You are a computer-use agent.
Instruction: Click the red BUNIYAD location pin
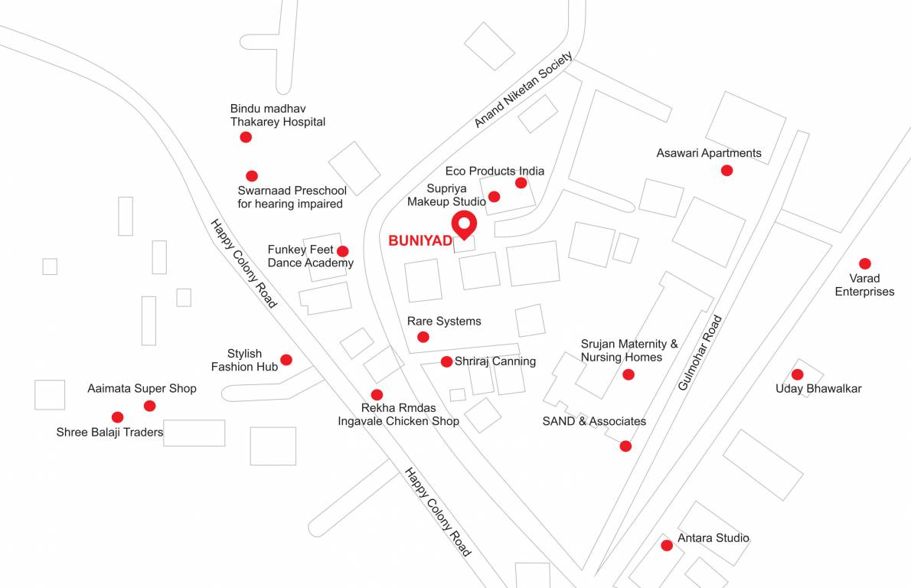[x=464, y=224]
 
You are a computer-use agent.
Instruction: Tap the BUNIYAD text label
[x=420, y=240]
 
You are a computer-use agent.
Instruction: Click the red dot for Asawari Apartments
[x=727, y=170]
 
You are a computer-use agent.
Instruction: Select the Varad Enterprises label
[x=864, y=285]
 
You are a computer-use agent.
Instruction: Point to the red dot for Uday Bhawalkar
[x=797, y=374]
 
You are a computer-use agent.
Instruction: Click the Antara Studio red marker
[x=667, y=545]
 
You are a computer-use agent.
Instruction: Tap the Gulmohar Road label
[x=700, y=353]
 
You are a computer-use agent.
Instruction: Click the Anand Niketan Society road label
[x=523, y=90]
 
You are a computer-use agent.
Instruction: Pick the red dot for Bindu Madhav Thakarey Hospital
[x=246, y=137]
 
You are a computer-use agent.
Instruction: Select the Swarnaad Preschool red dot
[x=252, y=175]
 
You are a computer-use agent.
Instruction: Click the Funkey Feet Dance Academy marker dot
[x=343, y=251]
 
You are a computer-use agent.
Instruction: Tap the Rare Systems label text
[x=444, y=321]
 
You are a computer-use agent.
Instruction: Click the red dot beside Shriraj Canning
[x=446, y=361]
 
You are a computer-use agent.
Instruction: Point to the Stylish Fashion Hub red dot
[x=286, y=359]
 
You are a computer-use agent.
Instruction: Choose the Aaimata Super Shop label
[x=142, y=388]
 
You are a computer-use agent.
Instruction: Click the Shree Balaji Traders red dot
[x=117, y=417]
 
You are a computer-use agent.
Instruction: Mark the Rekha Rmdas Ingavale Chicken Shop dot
[x=377, y=395]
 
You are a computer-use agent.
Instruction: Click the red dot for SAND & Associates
[x=625, y=446]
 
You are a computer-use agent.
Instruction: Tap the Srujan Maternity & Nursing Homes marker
[x=629, y=374]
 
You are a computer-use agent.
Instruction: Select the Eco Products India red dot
[x=521, y=182]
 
